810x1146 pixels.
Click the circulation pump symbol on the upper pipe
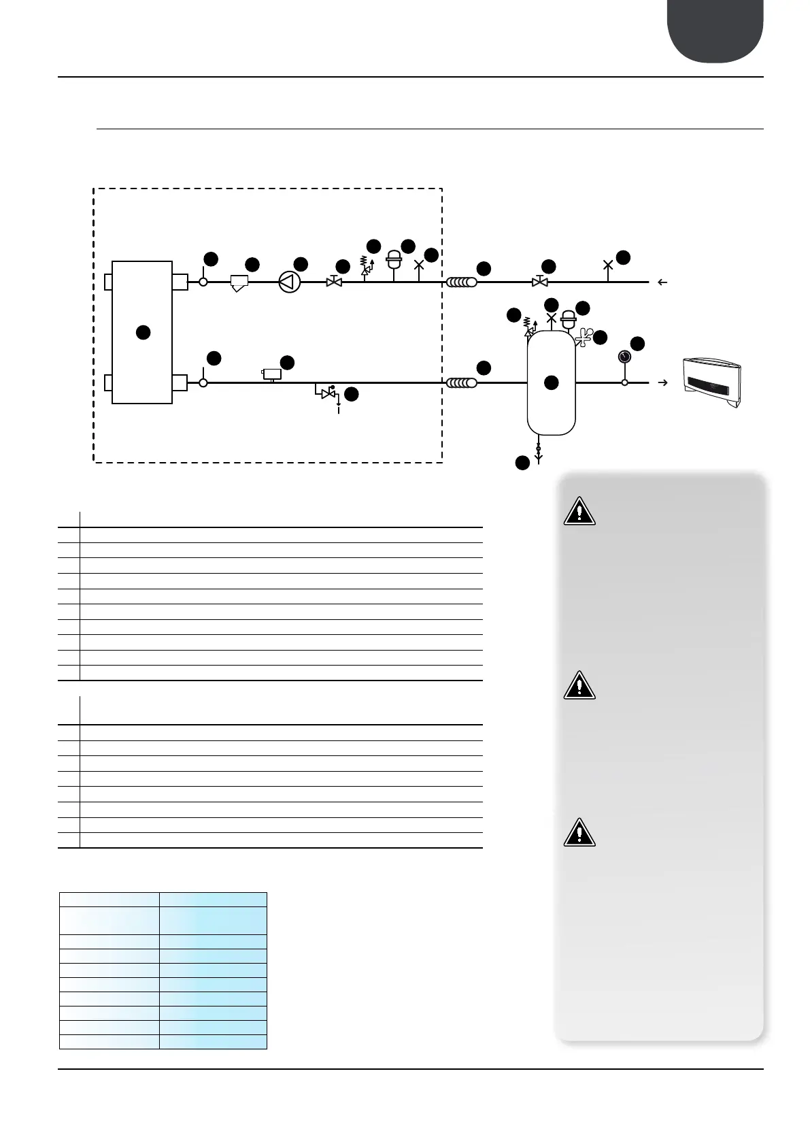pyautogui.click(x=289, y=282)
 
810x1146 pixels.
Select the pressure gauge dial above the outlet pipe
pyautogui.click(x=624, y=357)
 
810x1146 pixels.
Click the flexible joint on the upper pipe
pyautogui.click(x=462, y=282)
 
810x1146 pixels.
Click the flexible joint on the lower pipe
pyautogui.click(x=462, y=382)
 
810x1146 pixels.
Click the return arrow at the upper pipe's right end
pyautogui.click(x=663, y=282)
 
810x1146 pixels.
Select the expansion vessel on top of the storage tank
pyautogui.click(x=567, y=317)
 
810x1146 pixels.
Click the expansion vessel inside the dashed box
pyautogui.click(x=393, y=259)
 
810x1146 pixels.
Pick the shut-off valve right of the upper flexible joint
pyautogui.click(x=540, y=282)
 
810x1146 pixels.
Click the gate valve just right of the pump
pyautogui.click(x=333, y=282)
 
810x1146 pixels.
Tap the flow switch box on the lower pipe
pyautogui.click(x=272, y=374)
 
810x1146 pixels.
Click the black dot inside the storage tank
pyautogui.click(x=552, y=382)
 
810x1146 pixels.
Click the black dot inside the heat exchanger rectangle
pyautogui.click(x=142, y=332)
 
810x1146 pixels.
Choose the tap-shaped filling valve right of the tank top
pyautogui.click(x=584, y=335)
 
